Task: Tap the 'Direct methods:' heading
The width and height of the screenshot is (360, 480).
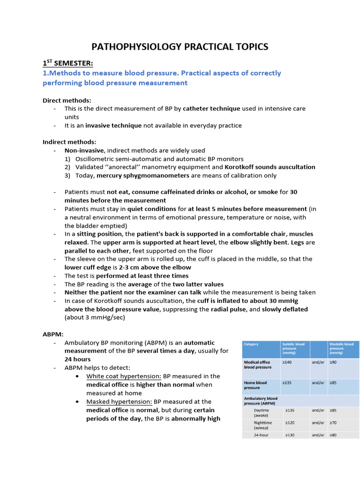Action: [67, 100]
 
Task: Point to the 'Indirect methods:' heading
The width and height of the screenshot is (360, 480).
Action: [69, 142]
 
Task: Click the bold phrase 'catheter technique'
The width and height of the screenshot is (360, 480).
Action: [211, 108]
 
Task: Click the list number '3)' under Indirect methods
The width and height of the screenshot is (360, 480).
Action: [67, 175]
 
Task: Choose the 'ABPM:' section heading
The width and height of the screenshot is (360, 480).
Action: [53, 334]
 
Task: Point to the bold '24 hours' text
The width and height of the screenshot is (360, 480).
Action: [78, 359]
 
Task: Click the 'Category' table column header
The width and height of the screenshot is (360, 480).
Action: [251, 344]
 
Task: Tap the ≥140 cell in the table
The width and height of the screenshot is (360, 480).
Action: [287, 362]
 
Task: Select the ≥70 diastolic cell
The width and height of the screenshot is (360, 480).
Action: [333, 422]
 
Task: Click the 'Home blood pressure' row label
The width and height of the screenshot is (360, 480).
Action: [255, 385]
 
